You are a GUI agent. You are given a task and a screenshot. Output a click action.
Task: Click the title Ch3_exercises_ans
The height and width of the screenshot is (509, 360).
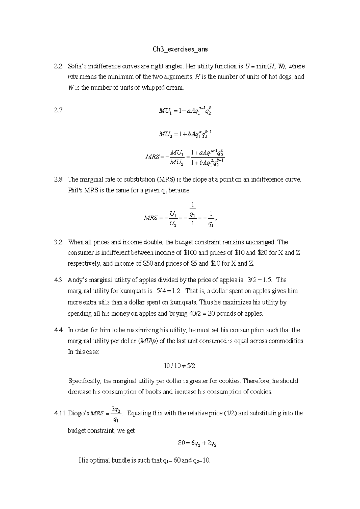point(180,49)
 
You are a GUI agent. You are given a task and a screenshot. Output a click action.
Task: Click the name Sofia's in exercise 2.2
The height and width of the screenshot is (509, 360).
point(77,66)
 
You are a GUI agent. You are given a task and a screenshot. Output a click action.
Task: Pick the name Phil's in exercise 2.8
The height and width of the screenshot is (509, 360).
point(75,190)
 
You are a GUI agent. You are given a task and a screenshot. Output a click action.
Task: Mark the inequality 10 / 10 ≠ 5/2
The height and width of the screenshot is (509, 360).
point(180,366)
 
